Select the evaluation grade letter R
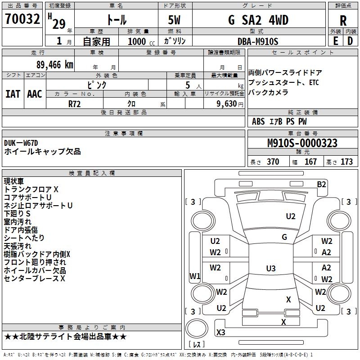click(343, 21)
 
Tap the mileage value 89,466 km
click(55, 65)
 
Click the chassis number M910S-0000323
click(302, 144)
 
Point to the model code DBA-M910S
click(258, 41)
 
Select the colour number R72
click(75, 103)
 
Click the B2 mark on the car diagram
click(321, 184)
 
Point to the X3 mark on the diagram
click(221, 333)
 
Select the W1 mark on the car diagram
click(194, 276)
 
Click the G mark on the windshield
click(284, 237)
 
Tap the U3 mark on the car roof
click(270, 269)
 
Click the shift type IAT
click(13, 94)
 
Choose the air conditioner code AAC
click(34, 94)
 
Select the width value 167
click(310, 162)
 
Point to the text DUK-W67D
click(21, 143)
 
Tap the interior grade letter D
click(350, 41)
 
